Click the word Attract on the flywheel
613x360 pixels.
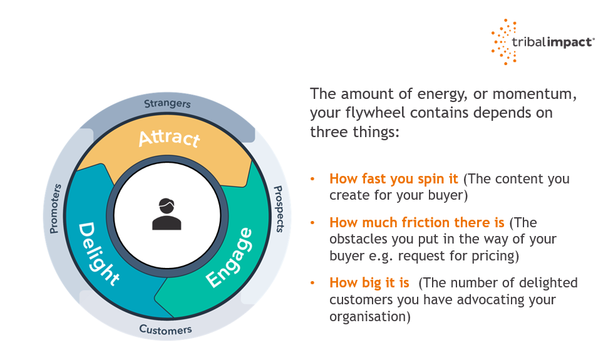click(169, 138)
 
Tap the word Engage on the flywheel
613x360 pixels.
click(230, 258)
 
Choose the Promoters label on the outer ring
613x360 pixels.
click(54, 208)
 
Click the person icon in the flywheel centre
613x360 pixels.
click(167, 213)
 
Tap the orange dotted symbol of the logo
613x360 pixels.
click(505, 41)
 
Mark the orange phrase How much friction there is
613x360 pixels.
click(418, 222)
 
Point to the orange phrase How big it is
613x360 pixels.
click(369, 283)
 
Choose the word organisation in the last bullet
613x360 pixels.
click(368, 317)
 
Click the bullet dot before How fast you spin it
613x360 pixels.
click(312, 179)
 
